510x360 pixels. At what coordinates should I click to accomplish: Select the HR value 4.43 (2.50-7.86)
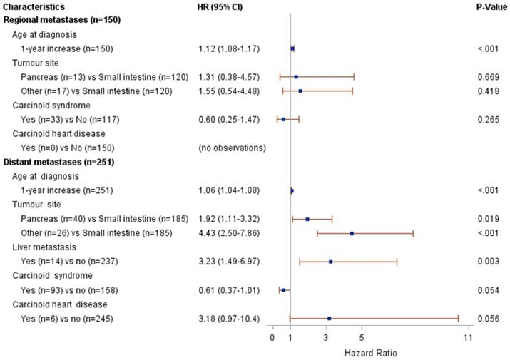(231, 233)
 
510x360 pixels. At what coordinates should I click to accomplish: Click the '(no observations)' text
(232, 148)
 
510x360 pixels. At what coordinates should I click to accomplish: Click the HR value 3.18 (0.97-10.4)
(231, 319)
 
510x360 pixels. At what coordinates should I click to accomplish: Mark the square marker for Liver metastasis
(330, 262)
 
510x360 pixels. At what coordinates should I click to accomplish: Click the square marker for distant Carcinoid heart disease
(329, 319)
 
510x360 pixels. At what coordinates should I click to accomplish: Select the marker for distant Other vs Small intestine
(352, 233)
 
